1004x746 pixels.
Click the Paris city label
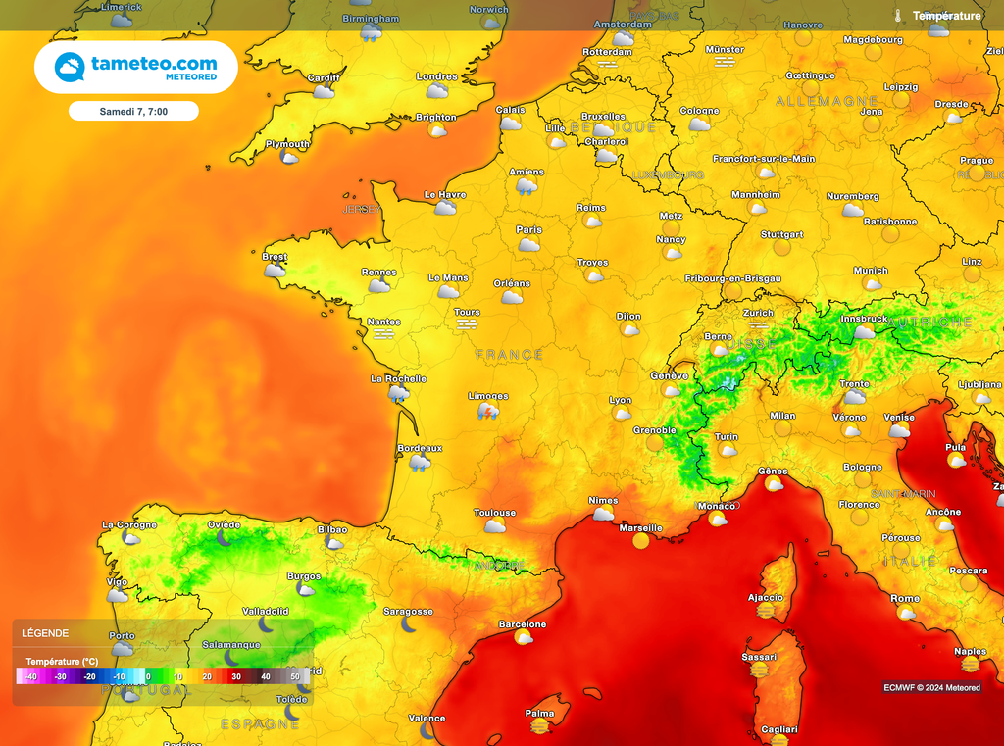click(x=528, y=230)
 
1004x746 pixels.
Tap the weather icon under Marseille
click(x=641, y=540)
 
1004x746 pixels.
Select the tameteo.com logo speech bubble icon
click(x=70, y=67)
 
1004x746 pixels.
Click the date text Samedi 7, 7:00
click(x=133, y=112)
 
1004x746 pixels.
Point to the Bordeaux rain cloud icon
click(x=420, y=463)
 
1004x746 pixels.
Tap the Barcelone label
click(x=523, y=624)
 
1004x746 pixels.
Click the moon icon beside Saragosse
click(x=409, y=624)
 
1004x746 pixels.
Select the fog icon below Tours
click(x=467, y=323)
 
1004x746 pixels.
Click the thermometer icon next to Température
click(x=897, y=16)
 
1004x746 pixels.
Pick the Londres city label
click(x=436, y=76)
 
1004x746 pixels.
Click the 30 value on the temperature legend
click(x=235, y=676)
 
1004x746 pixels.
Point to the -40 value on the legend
click(x=30, y=676)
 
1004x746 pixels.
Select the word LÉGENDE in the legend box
click(x=44, y=634)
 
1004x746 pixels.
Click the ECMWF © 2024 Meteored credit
click(x=930, y=688)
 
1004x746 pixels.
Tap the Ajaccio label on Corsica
click(x=765, y=597)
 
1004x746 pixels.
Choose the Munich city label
click(x=871, y=271)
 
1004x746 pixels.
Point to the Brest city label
click(x=275, y=257)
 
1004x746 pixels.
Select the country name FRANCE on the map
click(x=509, y=354)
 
